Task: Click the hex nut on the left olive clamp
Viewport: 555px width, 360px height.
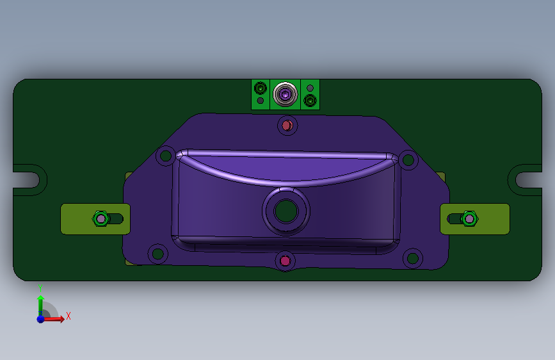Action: [101, 218]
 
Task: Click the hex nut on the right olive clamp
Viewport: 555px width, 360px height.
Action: [469, 218]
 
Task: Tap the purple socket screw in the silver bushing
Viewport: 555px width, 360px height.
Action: [285, 94]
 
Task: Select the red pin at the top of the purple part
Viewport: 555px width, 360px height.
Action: [287, 126]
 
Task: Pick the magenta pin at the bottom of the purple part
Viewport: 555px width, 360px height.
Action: [286, 261]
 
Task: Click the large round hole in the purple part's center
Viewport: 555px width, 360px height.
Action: [286, 211]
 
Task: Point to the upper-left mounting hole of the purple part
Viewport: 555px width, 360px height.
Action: [165, 156]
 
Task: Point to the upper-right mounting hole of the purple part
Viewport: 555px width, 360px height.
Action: [408, 160]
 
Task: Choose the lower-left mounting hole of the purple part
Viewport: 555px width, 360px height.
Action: [158, 254]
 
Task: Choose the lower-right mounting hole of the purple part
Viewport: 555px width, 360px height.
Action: [413, 258]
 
